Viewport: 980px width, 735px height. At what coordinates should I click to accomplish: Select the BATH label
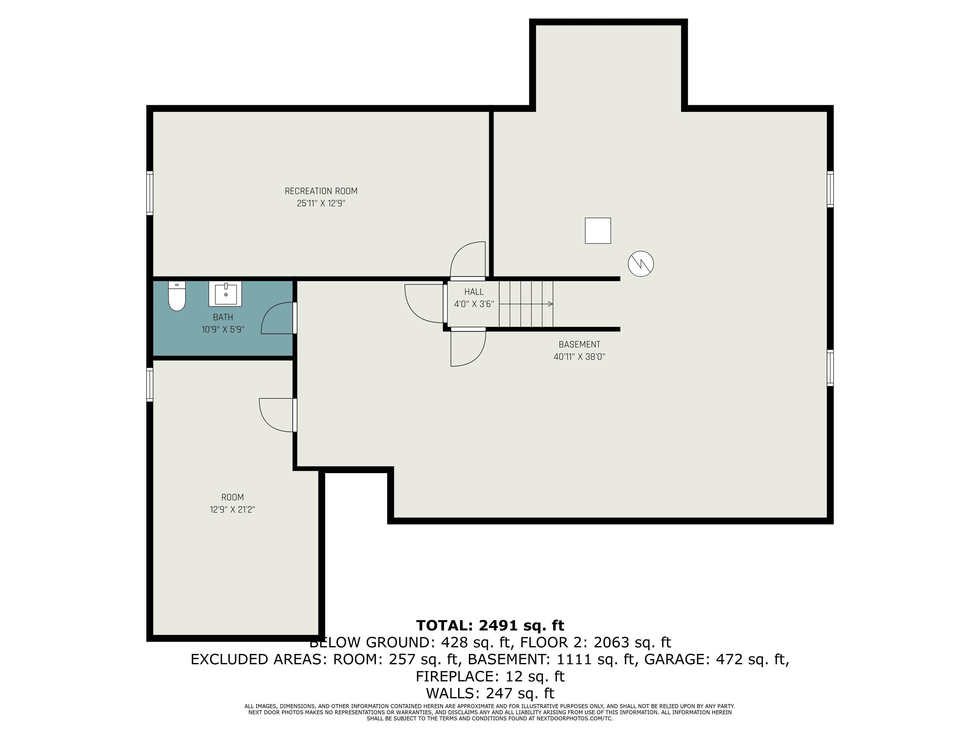point(223,317)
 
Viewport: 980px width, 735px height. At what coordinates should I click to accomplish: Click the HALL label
point(474,292)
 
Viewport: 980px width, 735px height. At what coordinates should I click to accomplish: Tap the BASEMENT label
point(580,344)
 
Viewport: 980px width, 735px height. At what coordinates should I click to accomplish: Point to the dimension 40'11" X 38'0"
point(580,357)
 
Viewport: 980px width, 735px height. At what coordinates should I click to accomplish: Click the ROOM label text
point(233,497)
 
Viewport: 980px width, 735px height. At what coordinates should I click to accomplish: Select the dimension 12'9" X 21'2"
point(233,509)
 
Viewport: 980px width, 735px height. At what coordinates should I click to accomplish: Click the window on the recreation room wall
point(150,193)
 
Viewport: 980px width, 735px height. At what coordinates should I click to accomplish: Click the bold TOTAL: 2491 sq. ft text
point(490,625)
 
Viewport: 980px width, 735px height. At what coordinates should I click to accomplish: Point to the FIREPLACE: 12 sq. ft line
point(490,676)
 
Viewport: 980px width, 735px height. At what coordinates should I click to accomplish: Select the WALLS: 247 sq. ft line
point(490,693)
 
